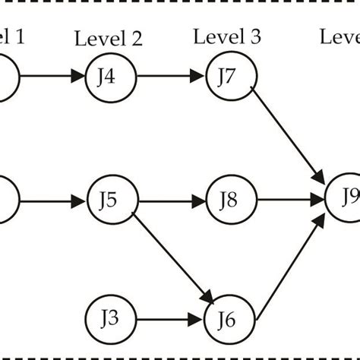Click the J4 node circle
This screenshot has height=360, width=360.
[111, 77]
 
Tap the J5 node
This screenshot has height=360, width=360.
[111, 202]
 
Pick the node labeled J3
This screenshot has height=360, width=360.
[111, 319]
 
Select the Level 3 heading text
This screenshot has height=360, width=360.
[226, 36]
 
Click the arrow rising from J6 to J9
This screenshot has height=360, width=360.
[293, 263]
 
